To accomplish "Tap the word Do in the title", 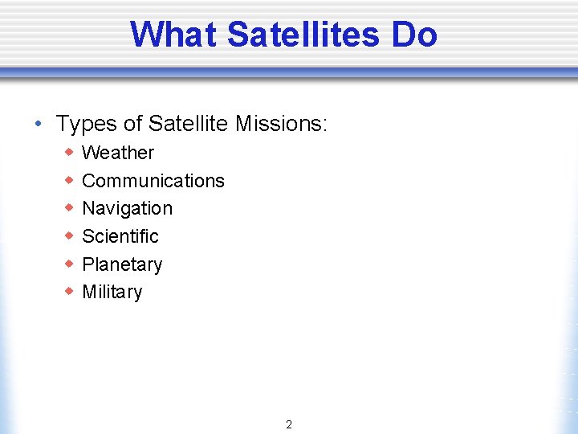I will pyautogui.click(x=414, y=35).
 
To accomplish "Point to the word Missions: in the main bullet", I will pyautogui.click(x=282, y=124).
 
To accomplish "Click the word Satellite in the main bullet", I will pyautogui.click(x=189, y=124).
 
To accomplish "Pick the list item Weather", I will pyautogui.click(x=118, y=153).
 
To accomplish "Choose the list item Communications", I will pyautogui.click(x=153, y=181).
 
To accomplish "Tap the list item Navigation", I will pyautogui.click(x=127, y=208).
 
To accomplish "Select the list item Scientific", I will pyautogui.click(x=120, y=236).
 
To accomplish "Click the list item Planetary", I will pyautogui.click(x=122, y=264).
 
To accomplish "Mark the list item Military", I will pyautogui.click(x=112, y=292).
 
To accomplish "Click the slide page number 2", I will pyautogui.click(x=289, y=424).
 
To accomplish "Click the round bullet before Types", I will pyautogui.click(x=38, y=125).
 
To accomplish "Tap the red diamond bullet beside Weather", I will pyautogui.click(x=70, y=152).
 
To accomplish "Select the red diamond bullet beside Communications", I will pyautogui.click(x=70, y=180).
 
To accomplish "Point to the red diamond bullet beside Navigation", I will pyautogui.click(x=70, y=207).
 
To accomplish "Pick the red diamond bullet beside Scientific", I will pyautogui.click(x=70, y=235).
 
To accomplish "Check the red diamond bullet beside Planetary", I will pyautogui.click(x=70, y=264).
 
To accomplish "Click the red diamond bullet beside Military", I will pyautogui.click(x=70, y=291).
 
